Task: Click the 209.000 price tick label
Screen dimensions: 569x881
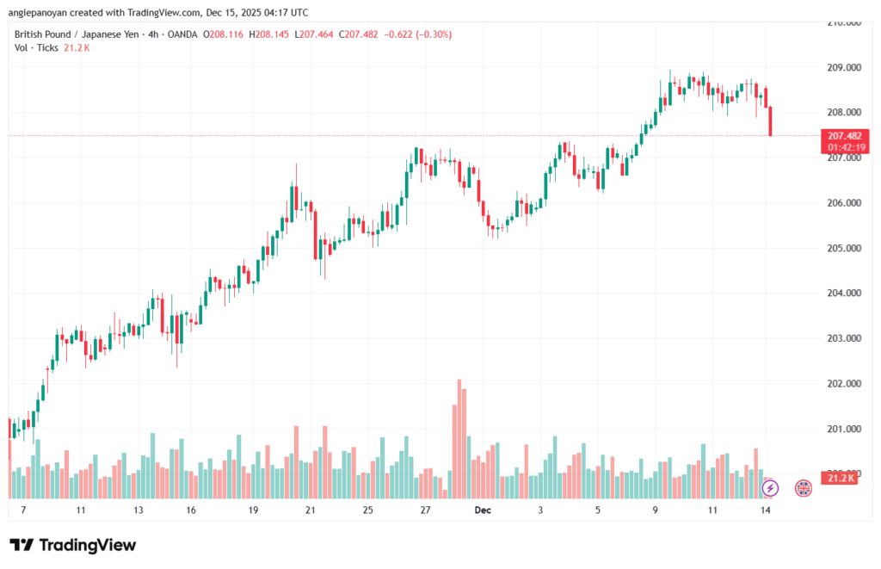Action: pos(843,67)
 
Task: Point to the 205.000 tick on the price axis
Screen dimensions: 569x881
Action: pos(843,248)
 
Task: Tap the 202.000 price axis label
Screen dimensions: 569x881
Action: pos(843,383)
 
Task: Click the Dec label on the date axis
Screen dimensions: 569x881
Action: pos(484,510)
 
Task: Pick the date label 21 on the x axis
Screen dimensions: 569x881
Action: pos(311,510)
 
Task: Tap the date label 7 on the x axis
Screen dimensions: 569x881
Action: pos(22,510)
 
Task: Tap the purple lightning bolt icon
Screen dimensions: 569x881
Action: pos(771,488)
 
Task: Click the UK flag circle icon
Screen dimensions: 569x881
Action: pos(803,488)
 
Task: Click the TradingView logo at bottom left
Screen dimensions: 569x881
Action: pos(72,545)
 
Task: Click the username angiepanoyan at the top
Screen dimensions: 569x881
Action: pos(42,12)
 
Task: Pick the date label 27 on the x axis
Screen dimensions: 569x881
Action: pos(425,510)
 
